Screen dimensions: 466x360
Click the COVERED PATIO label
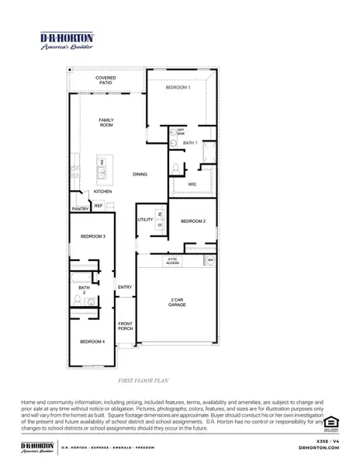[x=106, y=80]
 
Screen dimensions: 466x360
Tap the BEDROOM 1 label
[x=178, y=88]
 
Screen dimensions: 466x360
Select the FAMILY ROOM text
[x=106, y=122]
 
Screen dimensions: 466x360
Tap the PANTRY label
[x=80, y=209]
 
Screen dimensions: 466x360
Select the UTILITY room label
[x=145, y=220]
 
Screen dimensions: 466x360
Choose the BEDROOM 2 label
[x=192, y=221]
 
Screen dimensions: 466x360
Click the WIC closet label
[x=192, y=183]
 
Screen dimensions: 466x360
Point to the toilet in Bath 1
[x=176, y=169]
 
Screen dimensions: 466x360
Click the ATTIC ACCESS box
[x=172, y=262]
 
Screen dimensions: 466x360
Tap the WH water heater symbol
[x=209, y=259]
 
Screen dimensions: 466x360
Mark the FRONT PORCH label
[x=125, y=326]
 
